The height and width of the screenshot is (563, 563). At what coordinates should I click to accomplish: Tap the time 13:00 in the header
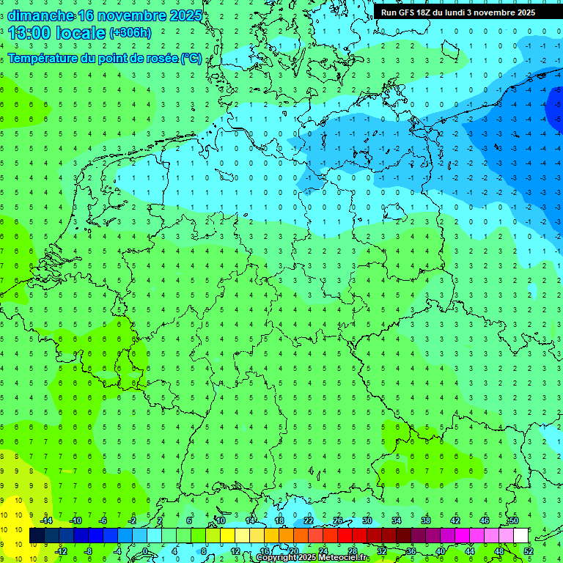click(x=32, y=33)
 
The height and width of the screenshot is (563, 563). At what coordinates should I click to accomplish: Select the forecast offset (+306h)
click(x=130, y=33)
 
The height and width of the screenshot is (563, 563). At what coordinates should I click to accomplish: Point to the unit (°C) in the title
click(x=191, y=58)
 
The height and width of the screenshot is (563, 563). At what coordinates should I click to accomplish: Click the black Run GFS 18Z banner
click(x=457, y=12)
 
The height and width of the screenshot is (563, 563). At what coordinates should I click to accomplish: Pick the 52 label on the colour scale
click(x=529, y=551)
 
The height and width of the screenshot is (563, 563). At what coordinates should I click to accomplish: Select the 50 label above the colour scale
click(x=514, y=520)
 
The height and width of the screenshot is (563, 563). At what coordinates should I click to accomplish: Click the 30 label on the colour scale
click(x=367, y=520)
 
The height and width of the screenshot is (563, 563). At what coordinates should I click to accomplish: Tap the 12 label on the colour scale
click(x=235, y=551)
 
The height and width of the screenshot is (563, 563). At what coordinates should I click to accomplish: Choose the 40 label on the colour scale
click(x=441, y=551)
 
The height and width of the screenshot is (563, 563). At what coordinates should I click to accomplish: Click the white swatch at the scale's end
click(x=521, y=536)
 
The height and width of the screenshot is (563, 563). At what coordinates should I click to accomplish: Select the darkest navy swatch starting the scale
click(x=37, y=536)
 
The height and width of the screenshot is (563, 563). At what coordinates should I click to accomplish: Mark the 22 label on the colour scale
click(x=309, y=520)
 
